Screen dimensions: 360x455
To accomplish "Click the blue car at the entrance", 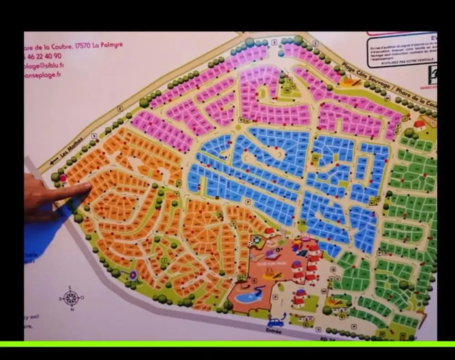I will coord(276,323).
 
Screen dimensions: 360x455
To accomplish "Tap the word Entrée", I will coord(274,331).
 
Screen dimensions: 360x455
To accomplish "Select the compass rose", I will coord(71,298).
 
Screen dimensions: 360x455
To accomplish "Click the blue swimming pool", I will coord(245,296).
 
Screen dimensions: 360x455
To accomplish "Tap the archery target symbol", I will coord(133,275).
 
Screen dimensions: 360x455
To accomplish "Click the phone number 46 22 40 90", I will coord(43,56).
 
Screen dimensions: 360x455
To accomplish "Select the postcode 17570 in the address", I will coord(82,45).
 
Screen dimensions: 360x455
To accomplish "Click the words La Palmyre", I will coord(107,44).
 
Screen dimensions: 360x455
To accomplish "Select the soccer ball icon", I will coord(256,239).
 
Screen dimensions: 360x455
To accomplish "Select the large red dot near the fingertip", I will coord(63,179).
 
